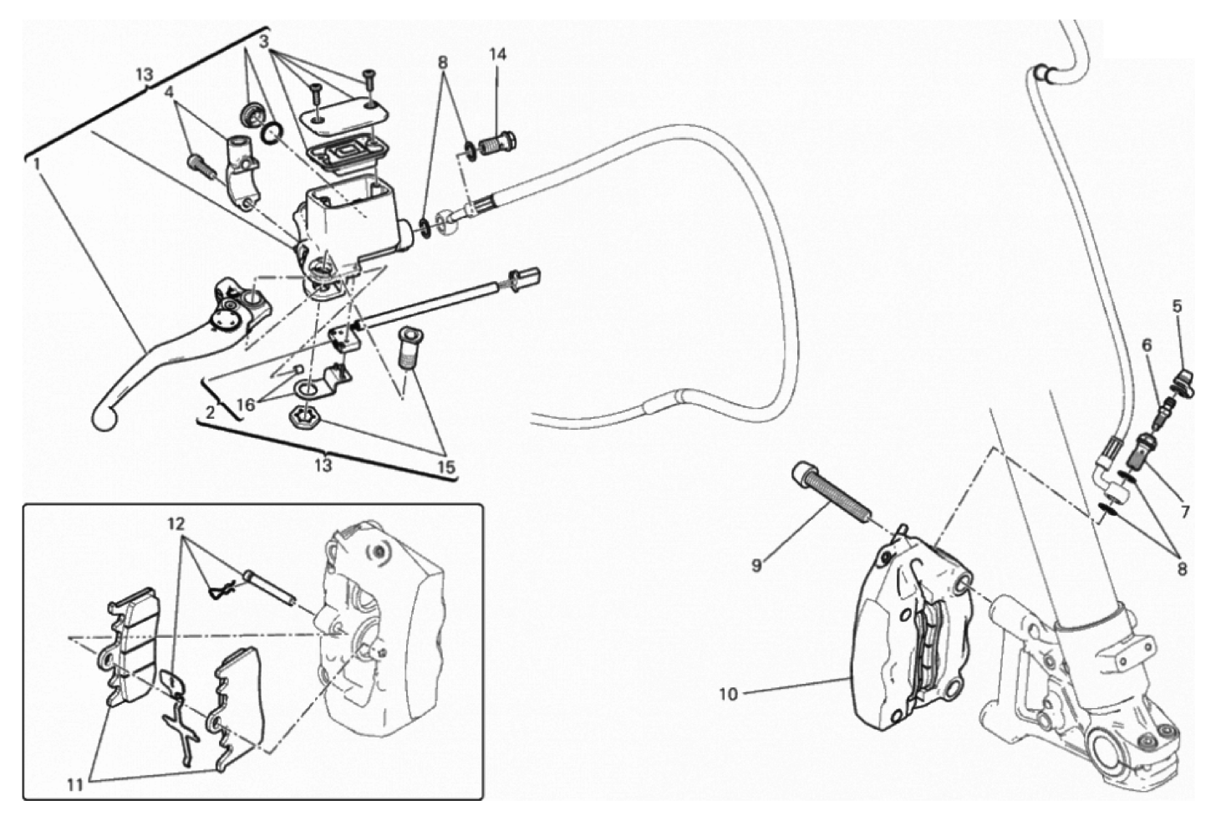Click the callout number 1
click(37, 163)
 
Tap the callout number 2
click(211, 412)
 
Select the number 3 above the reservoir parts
click(264, 42)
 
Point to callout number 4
click(170, 92)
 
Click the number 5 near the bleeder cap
click(1177, 306)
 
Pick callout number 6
click(1147, 345)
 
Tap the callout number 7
click(1185, 512)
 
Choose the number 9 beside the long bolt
click(756, 565)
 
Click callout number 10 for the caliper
click(730, 695)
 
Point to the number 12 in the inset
click(176, 524)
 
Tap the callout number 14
click(497, 54)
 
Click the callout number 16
click(246, 405)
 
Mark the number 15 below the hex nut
click(447, 467)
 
